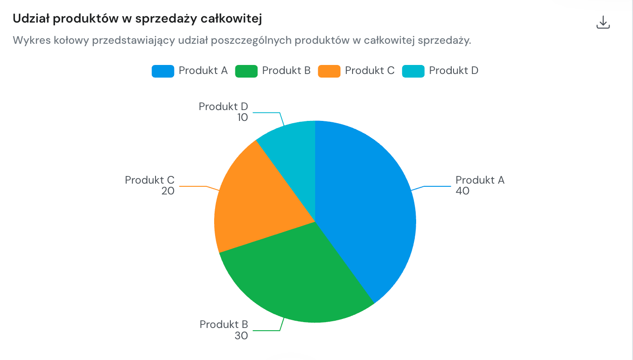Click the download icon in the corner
coord(603,23)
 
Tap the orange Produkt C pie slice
coord(254,203)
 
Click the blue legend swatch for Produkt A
coord(163,71)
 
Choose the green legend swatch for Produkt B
coord(246,71)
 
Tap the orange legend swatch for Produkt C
coord(329,71)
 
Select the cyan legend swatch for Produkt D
coord(413,71)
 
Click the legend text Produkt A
coord(203,70)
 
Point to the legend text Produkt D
coord(454,70)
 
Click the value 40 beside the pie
coord(462,191)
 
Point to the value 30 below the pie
coord(241,336)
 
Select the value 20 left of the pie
coord(168,191)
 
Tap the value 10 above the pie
coord(243,117)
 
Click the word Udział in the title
coord(31,18)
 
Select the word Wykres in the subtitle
coord(32,40)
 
